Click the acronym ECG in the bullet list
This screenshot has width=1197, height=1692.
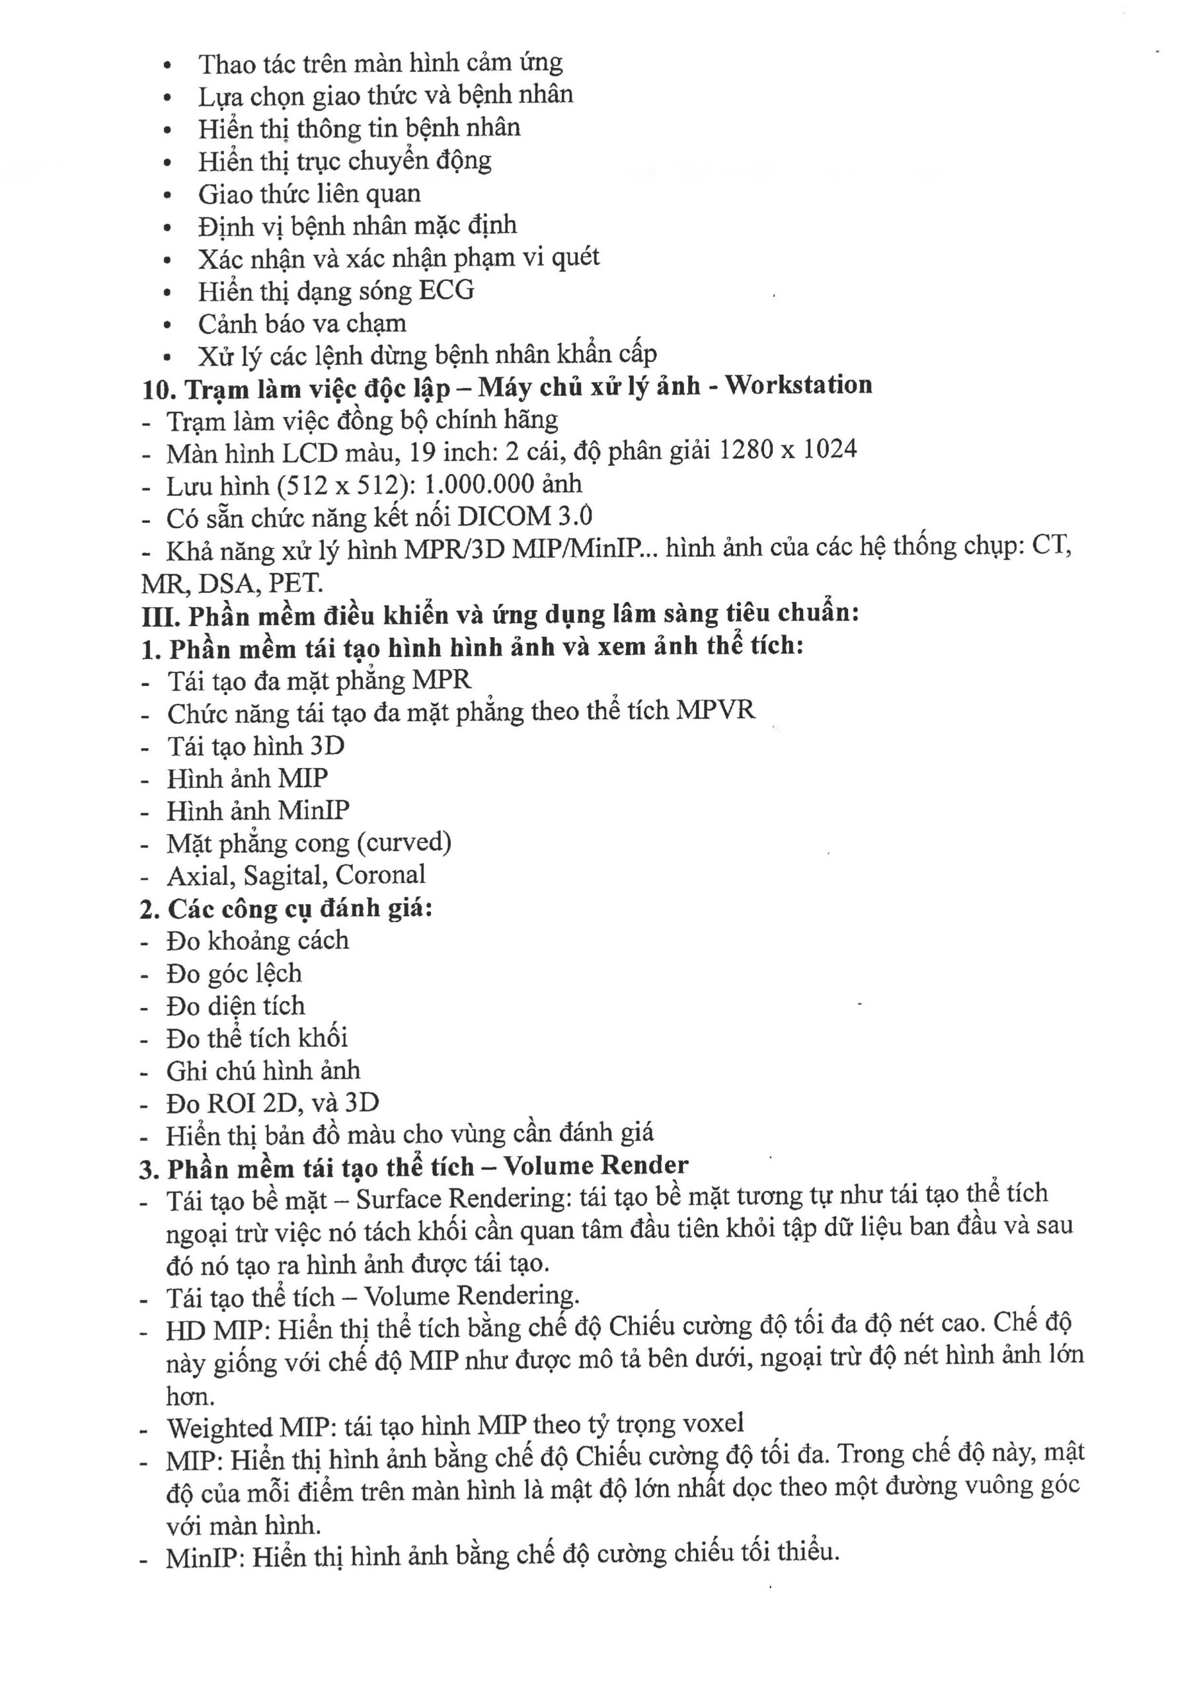(447, 290)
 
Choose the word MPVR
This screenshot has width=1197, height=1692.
(716, 711)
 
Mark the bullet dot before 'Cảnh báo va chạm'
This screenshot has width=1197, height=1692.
(168, 325)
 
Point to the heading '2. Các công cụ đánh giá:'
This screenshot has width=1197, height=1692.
(286, 908)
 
